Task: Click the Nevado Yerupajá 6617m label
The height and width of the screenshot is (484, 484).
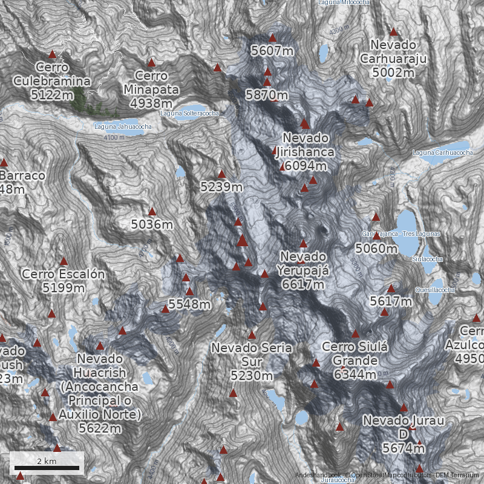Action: pyautogui.click(x=303, y=270)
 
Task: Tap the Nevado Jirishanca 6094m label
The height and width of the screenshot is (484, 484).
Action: pyautogui.click(x=304, y=152)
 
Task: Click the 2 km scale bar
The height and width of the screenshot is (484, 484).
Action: pyautogui.click(x=47, y=464)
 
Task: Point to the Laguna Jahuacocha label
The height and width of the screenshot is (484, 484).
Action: pyautogui.click(x=123, y=126)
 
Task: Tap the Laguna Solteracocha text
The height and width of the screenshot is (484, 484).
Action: pyautogui.click(x=189, y=113)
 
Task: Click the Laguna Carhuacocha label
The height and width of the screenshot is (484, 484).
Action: pyautogui.click(x=442, y=153)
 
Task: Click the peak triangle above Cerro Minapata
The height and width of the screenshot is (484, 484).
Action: pyautogui.click(x=151, y=62)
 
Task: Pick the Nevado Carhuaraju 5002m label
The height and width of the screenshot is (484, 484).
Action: pyautogui.click(x=393, y=59)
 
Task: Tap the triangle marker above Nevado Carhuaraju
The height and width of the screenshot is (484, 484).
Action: pyautogui.click(x=394, y=31)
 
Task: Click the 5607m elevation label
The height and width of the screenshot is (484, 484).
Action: pyautogui.click(x=272, y=51)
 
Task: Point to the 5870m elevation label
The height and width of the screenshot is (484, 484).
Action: pyautogui.click(x=267, y=95)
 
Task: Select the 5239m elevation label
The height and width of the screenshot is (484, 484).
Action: pyautogui.click(x=221, y=187)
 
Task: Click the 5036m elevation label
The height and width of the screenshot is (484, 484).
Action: pyautogui.click(x=152, y=224)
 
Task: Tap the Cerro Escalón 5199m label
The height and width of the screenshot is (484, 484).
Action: pyautogui.click(x=64, y=281)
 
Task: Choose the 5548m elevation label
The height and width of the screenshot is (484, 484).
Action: pyautogui.click(x=189, y=304)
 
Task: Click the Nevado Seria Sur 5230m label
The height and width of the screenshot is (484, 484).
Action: pyautogui.click(x=251, y=362)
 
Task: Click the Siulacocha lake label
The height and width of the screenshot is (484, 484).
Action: pyautogui.click(x=427, y=259)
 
